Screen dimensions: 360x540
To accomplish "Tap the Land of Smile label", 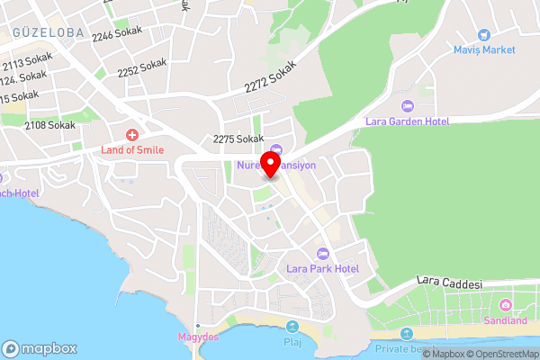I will tap(132, 149).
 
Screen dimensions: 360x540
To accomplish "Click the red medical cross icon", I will tap(131, 133).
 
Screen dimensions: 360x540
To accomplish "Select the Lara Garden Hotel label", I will tap(407, 121).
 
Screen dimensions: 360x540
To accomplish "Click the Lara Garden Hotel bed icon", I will tap(406, 105).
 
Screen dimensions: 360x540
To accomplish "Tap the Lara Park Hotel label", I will tap(322, 269).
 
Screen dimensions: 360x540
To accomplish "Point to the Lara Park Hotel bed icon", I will tap(322, 253).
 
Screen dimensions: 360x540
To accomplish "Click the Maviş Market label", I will tap(484, 49).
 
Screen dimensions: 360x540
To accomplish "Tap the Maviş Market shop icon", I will tap(484, 33).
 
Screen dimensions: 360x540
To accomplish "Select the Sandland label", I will tap(505, 320).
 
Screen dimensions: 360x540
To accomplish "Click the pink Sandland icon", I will tap(505, 304).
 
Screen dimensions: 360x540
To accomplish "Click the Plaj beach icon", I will tap(292, 327).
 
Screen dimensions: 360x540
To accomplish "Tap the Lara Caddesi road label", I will tap(452, 283).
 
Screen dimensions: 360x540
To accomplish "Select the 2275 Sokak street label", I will tap(238, 139).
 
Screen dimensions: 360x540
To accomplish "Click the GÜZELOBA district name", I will tap(48, 32).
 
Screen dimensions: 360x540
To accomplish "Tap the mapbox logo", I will tap(40, 348).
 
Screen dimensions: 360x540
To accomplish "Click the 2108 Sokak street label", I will tap(49, 125).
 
